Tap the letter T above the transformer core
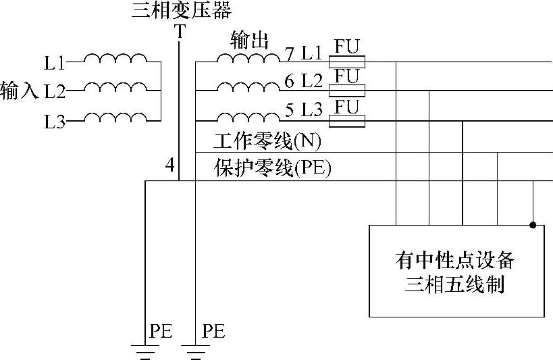pyautogui.click(x=179, y=32)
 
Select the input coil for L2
pyautogui.click(x=114, y=88)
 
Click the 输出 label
pyautogui.click(x=249, y=41)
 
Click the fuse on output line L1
pyautogui.click(x=346, y=62)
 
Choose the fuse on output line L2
pyautogui.click(x=346, y=91)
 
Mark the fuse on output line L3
pyautogui.click(x=346, y=121)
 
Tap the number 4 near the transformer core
pyautogui.click(x=169, y=165)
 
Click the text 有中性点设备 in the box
pyautogui.click(x=456, y=259)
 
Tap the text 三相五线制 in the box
pyautogui.click(x=456, y=284)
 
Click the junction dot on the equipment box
pyautogui.click(x=533, y=224)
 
